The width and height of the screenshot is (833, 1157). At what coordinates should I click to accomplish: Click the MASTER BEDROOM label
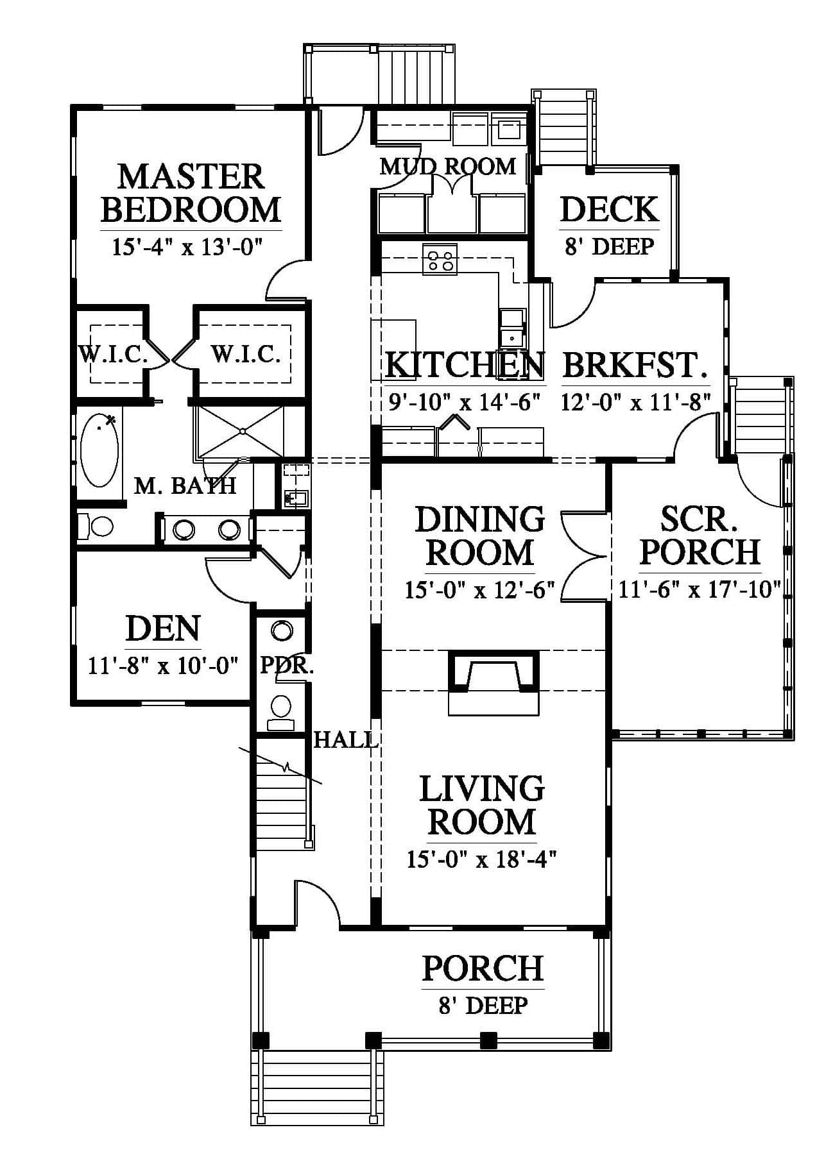tap(191, 193)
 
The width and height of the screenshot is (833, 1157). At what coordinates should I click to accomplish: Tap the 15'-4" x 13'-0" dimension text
tap(189, 247)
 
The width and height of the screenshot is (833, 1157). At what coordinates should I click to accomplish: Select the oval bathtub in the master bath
tap(99, 450)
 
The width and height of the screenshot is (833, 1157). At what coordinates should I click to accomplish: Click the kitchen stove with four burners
tap(440, 260)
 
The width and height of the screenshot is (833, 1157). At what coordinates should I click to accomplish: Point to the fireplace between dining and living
tap(493, 682)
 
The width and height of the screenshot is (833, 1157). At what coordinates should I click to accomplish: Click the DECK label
tap(609, 210)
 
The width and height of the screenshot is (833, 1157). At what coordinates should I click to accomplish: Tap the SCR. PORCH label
tap(700, 536)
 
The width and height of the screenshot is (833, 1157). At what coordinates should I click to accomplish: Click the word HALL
tap(345, 740)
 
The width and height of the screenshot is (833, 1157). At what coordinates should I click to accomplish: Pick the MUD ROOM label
tap(448, 167)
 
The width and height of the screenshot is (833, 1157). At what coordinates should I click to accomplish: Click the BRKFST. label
tap(634, 365)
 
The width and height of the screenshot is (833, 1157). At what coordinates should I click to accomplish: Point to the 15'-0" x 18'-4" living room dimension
tap(481, 859)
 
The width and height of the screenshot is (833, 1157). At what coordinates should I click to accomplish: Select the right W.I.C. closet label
tap(246, 353)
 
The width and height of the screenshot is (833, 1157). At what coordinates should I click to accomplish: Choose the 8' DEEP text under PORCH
tap(483, 1006)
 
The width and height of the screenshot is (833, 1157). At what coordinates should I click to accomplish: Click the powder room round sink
tap(281, 631)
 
